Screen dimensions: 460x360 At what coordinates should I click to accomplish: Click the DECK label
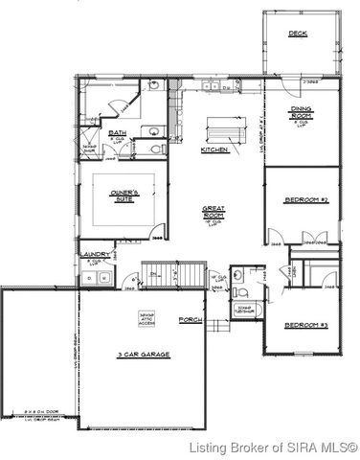pyautogui.click(x=298, y=34)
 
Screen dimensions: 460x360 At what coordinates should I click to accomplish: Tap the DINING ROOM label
pyautogui.click(x=301, y=114)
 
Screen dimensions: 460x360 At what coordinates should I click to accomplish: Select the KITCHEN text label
pyautogui.click(x=214, y=151)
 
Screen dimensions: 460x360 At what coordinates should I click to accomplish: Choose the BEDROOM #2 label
pyautogui.click(x=306, y=200)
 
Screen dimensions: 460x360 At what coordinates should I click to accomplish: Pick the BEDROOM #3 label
pyautogui.click(x=306, y=326)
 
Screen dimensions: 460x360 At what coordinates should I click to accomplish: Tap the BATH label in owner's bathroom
pyautogui.click(x=118, y=133)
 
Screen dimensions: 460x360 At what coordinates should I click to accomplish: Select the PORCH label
pyautogui.click(x=191, y=319)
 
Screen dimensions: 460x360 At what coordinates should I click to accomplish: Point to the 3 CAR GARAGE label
pyautogui.click(x=144, y=355)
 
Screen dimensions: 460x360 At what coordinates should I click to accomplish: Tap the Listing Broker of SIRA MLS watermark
pyautogui.click(x=272, y=448)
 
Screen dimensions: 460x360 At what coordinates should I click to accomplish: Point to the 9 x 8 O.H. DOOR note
pyautogui.click(x=29, y=414)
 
